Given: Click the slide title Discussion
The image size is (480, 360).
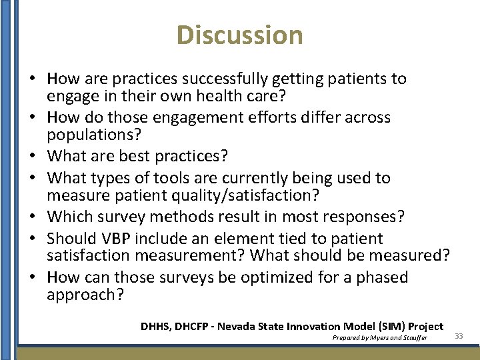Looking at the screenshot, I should (240, 35).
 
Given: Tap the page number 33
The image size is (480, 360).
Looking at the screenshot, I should (459, 336).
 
